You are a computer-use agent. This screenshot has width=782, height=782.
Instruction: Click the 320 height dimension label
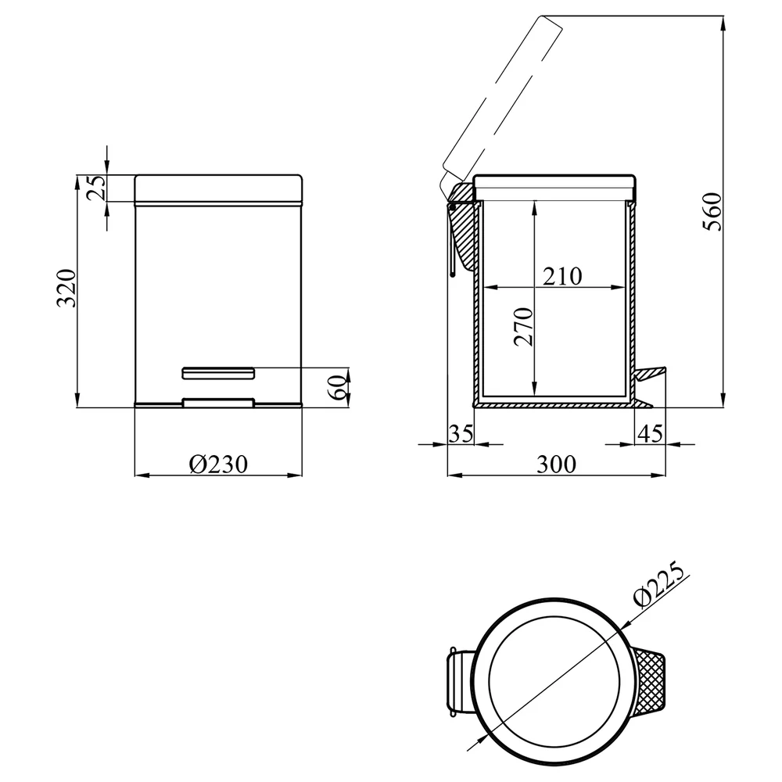coord(66,288)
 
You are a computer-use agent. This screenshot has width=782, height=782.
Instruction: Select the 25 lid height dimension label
coord(97,188)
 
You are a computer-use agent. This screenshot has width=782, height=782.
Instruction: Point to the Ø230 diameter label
coord(218,465)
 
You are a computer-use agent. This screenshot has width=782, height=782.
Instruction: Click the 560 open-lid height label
coord(712,211)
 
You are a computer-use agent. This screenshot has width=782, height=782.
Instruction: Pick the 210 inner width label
coord(562,276)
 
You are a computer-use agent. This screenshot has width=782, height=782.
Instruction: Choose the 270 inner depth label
coord(524,327)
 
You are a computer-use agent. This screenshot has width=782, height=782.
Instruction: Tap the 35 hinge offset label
coord(461,433)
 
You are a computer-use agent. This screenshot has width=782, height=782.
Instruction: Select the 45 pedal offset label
coord(651,433)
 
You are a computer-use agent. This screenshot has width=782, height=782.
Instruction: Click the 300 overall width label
coord(556,465)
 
